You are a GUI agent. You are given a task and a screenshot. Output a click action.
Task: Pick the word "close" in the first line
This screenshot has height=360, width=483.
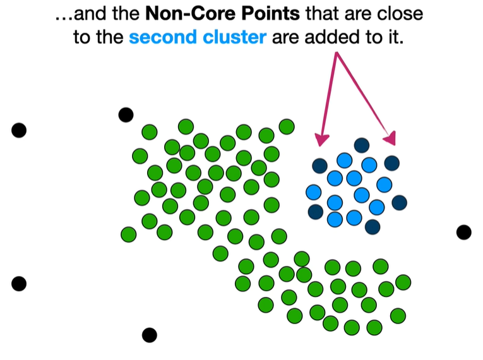pos(401,14)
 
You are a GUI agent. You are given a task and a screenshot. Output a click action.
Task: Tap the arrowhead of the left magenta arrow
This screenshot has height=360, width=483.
pos(321,139)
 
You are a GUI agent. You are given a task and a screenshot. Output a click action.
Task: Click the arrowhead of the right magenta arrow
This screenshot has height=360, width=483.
pos(392,138)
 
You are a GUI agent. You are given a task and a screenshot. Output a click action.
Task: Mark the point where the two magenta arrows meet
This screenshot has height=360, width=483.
pos(337,53)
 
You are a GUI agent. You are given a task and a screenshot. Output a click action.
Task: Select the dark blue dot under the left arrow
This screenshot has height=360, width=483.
pos(319,166)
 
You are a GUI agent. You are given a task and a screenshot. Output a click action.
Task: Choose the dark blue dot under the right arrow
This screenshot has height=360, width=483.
pos(391,163)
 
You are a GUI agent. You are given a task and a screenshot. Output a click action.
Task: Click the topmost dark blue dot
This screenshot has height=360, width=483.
pos(361,145)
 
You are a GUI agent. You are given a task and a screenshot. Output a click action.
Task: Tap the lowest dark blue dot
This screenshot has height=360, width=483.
pos(373,226)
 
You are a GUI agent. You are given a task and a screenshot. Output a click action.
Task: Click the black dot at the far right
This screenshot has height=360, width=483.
pos(464,232)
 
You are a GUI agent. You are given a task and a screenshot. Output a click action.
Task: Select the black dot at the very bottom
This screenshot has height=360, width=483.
pos(149,335)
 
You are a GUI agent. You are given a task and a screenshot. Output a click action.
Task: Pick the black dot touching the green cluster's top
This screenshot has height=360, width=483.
pos(126,114)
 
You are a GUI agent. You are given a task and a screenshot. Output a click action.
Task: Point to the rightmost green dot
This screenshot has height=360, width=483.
pos(403,282)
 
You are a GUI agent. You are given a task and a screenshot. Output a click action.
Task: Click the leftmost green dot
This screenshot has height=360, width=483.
pos(128,234)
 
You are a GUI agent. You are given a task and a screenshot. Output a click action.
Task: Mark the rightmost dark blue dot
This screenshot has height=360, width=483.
pos(399,203)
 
